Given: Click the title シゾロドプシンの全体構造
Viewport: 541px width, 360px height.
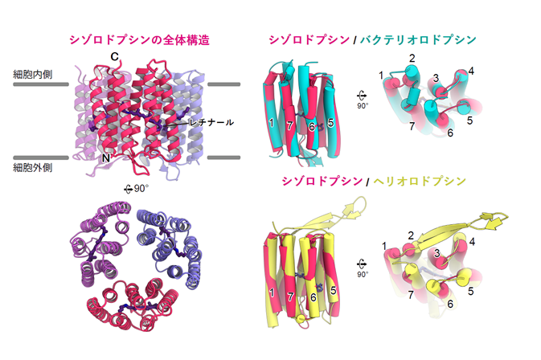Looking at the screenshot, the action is click(139, 40).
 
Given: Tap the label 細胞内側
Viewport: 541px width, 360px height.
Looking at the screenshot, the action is click(33, 74).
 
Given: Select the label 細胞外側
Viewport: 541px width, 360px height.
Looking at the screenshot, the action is click(33, 168).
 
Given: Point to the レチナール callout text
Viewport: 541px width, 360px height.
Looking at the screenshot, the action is click(212, 122).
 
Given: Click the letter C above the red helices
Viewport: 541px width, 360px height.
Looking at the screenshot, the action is click(114, 56).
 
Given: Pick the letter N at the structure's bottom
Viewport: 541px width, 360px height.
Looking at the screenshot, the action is click(106, 158).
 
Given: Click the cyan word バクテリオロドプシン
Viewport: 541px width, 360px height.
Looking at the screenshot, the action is click(418, 39).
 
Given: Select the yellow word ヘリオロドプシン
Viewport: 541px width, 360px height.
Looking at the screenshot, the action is click(420, 181).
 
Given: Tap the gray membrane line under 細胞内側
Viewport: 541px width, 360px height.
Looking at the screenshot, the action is click(41, 84).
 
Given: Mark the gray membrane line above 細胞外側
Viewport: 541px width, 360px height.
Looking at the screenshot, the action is click(41, 157).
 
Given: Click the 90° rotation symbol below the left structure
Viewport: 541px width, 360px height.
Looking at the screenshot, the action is click(137, 189).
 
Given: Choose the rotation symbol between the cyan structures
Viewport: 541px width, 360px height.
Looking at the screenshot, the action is click(362, 99).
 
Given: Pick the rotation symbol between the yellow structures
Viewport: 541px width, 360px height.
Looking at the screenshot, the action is click(362, 268).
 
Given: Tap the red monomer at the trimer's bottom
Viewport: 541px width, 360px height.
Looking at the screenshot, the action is click(133, 305).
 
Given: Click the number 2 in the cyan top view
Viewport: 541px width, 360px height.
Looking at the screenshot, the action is click(412, 58).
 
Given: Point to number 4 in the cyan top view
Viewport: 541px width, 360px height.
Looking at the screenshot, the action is click(471, 71).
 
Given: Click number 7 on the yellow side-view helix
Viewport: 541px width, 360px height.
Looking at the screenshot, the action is click(290, 296).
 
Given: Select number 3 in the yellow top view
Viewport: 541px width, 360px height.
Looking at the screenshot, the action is click(436, 253).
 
